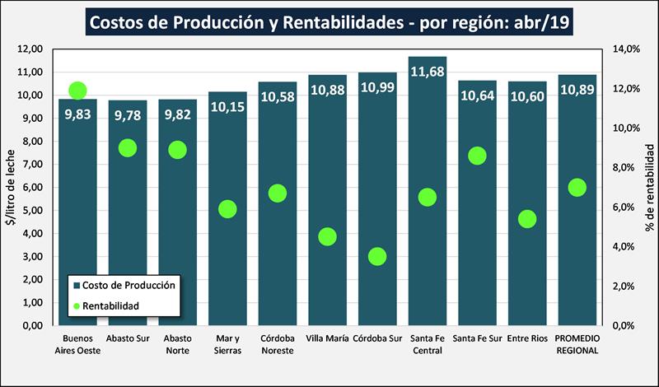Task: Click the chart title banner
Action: [x=329, y=22]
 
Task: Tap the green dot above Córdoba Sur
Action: [x=377, y=256]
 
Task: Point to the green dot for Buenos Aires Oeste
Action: [x=78, y=91]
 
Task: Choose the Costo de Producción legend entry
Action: [x=124, y=285]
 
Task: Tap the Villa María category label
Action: [x=327, y=338]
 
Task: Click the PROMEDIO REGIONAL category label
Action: [x=577, y=344]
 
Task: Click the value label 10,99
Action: [x=377, y=87]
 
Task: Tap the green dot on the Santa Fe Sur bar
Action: [x=477, y=156]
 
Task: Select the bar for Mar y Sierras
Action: [x=227, y=263]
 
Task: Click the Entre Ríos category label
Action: [x=527, y=338]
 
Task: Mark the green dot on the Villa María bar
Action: [x=327, y=236]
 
